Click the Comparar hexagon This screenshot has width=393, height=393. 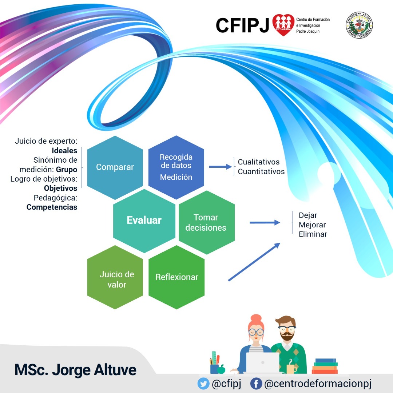(115, 167)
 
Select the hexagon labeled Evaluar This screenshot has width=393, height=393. (144, 221)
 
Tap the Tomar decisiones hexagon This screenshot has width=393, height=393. (207, 223)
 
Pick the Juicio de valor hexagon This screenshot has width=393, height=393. (115, 277)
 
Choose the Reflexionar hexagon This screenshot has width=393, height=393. (176, 277)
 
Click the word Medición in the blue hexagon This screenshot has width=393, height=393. (176, 177)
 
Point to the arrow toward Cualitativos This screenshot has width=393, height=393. (220, 167)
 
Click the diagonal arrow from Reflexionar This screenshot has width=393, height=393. (254, 262)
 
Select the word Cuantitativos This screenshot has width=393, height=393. (261, 171)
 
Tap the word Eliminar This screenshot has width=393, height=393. (313, 234)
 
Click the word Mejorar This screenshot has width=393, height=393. (312, 225)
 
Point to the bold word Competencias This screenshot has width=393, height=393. (52, 207)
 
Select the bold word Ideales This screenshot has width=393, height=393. (64, 151)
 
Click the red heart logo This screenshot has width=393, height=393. (283, 25)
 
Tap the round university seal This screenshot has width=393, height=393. (359, 25)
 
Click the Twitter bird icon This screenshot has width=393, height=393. (203, 384)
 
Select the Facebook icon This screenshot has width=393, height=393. (256, 384)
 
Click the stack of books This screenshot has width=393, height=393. (325, 366)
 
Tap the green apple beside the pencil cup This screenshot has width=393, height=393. (221, 369)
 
